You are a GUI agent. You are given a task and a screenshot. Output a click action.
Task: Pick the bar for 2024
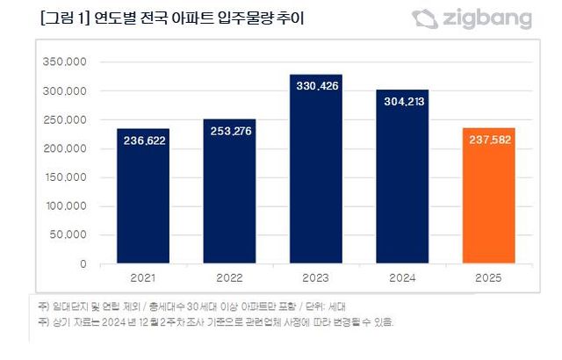click(402, 176)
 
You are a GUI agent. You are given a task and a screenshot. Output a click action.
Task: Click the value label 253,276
click(230, 133)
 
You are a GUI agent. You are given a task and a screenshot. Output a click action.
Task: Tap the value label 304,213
click(402, 101)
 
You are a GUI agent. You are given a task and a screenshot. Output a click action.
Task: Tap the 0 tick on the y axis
click(83, 263)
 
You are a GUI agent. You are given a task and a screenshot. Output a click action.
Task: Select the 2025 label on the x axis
click(488, 278)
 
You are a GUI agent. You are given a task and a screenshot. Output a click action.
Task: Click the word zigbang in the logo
click(487, 18)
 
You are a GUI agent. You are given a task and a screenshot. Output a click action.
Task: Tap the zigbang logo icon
click(425, 18)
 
